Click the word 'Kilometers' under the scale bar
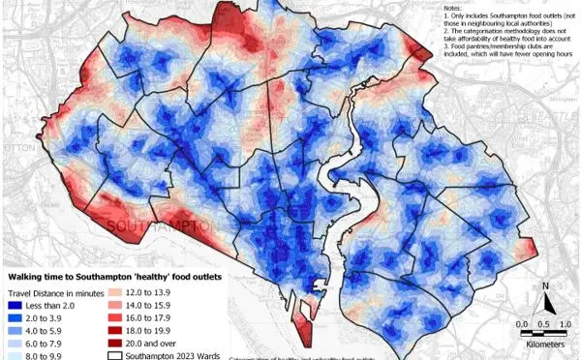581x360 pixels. click(x=547, y=344)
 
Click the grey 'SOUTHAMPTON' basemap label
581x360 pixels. click(x=160, y=226)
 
